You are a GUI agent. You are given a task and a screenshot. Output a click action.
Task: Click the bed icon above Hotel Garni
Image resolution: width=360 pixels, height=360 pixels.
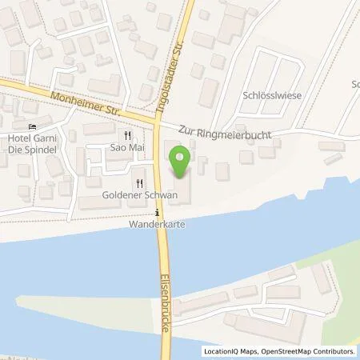pos(32,126)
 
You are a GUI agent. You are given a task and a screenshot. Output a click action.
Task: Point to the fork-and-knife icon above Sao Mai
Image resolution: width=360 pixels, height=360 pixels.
pos(126,136)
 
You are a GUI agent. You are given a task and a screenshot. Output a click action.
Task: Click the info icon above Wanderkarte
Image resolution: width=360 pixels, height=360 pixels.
pos(158,213)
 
